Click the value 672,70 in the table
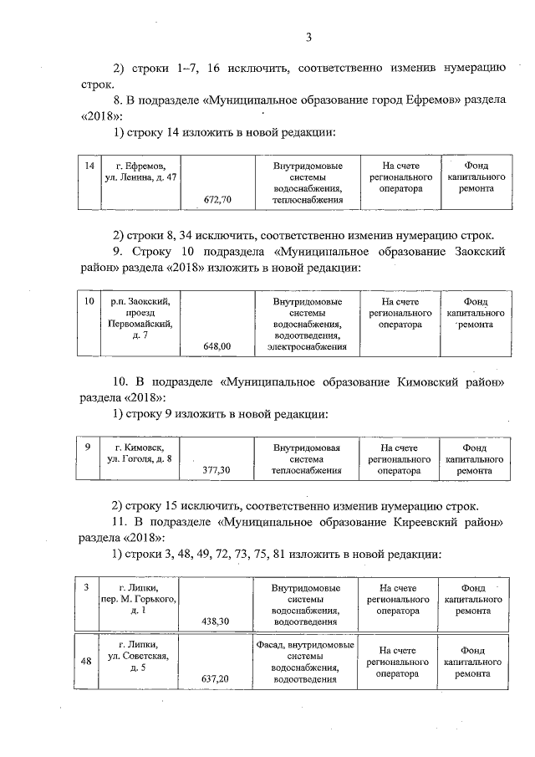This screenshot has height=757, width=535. [x=217, y=200]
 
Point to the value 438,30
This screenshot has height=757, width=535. [x=217, y=621]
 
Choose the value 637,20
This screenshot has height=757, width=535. [x=217, y=678]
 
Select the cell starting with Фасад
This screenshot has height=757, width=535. [x=304, y=662]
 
